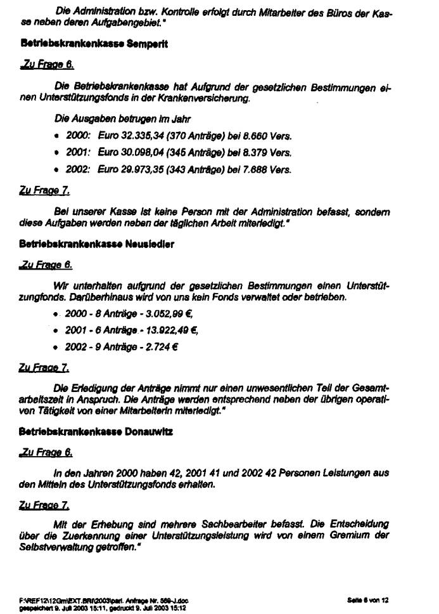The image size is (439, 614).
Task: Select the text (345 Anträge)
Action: (x=195, y=153)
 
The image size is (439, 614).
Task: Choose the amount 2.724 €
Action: (x=150, y=348)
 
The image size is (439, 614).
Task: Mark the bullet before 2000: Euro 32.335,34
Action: (x=58, y=137)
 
